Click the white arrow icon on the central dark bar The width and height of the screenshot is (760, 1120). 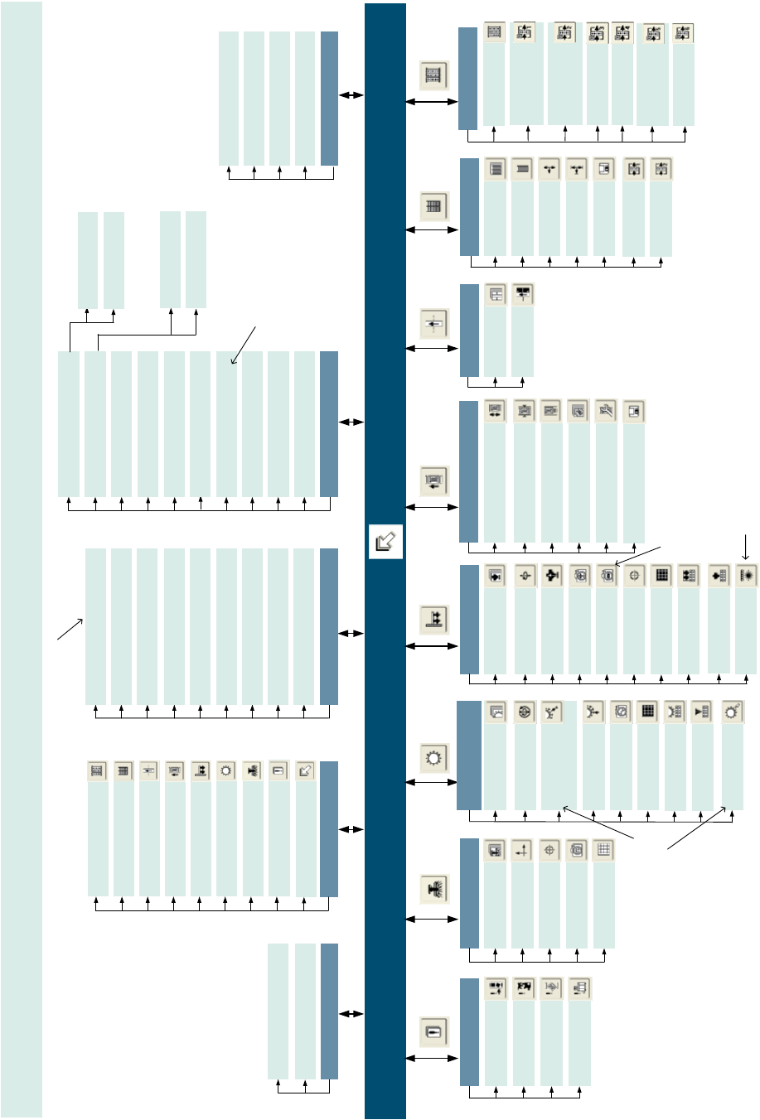click(385, 542)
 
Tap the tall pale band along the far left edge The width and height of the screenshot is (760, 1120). click(22, 559)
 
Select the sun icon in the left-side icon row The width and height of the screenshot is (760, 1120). click(225, 770)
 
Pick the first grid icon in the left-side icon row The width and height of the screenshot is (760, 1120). click(97, 770)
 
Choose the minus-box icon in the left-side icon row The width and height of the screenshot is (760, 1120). click(278, 770)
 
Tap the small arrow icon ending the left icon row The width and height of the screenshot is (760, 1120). click(305, 770)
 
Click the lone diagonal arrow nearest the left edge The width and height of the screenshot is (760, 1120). click(70, 629)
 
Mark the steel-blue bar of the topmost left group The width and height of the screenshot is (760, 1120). click(329, 99)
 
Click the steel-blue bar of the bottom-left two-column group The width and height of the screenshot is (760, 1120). click(329, 1011)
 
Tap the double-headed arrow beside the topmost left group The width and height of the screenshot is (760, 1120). click(351, 95)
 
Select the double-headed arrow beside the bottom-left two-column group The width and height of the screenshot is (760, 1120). click(351, 1013)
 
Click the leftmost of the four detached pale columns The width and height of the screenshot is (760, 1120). click(88, 260)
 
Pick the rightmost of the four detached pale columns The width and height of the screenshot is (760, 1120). click(196, 260)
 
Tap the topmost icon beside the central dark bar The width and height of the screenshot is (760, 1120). click(433, 75)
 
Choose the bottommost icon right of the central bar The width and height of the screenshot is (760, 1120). click(433, 1031)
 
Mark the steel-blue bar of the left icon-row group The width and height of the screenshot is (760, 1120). click(329, 828)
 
